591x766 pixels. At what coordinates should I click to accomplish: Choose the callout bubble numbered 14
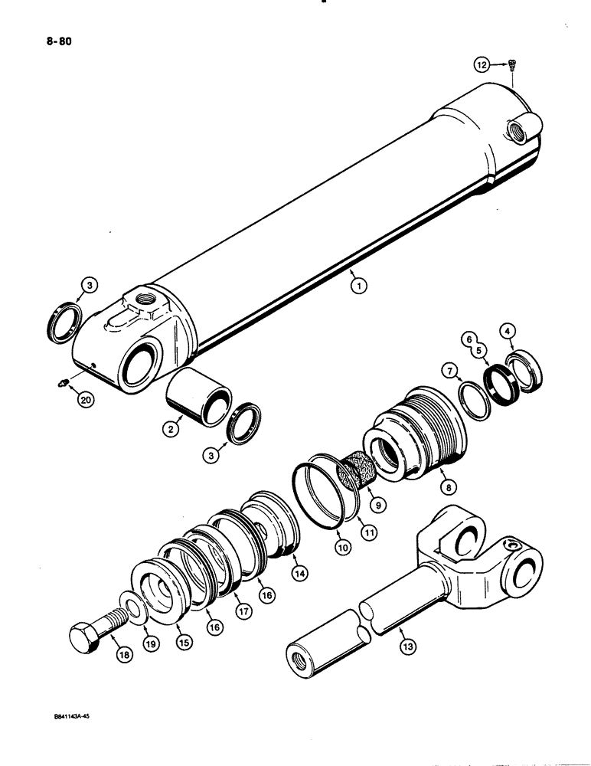tap(295, 571)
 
